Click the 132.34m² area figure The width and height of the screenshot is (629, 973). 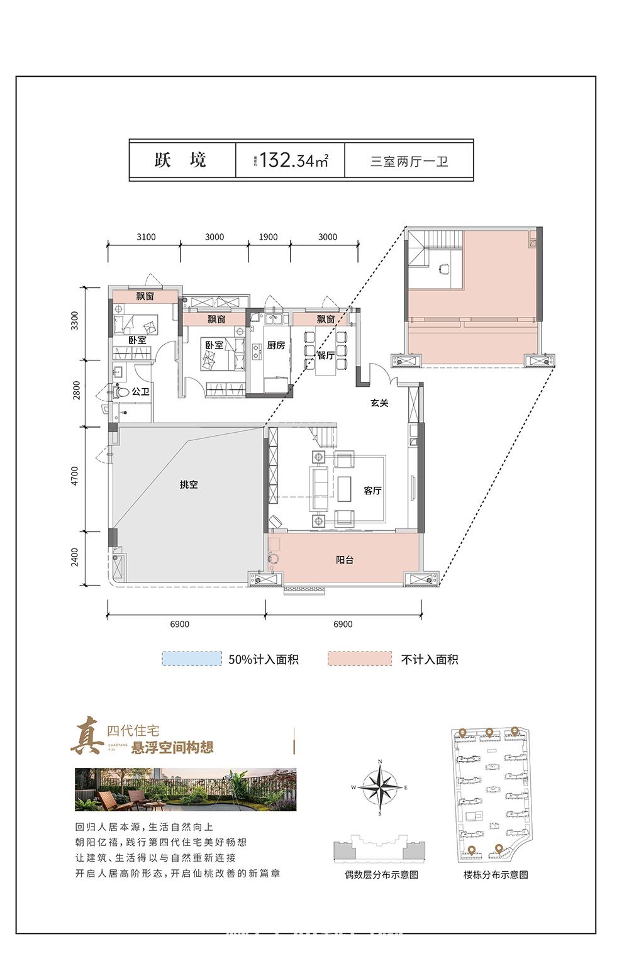(293, 160)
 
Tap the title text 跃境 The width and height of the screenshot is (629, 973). (181, 160)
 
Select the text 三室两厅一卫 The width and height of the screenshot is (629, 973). (409, 161)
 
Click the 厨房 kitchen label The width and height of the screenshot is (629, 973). (276, 345)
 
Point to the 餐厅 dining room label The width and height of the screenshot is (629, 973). (325, 355)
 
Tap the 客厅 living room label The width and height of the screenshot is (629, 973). (372, 490)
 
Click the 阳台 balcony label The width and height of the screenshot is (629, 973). (344, 559)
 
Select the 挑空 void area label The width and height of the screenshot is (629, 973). (189, 484)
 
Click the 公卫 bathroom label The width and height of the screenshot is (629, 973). (140, 392)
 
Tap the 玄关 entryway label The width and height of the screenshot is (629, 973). (379, 403)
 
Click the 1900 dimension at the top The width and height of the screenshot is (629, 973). (268, 237)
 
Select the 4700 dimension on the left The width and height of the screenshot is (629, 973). (75, 476)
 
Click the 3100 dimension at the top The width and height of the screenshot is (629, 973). (146, 237)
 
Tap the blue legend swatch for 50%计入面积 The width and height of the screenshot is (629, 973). (192, 659)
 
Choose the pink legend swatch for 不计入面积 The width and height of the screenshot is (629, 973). (359, 659)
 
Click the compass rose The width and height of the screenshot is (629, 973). (380, 787)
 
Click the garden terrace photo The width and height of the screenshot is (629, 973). (186, 789)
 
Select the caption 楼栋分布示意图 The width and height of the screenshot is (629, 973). (496, 874)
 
